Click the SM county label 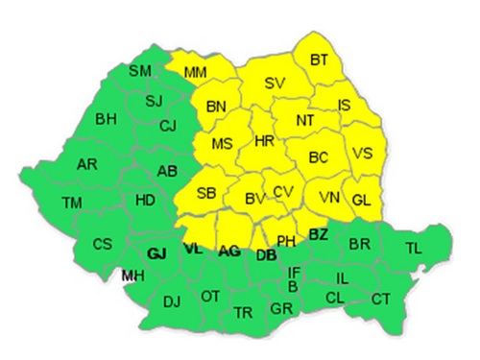[140, 70]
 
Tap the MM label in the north [195, 72]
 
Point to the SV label [275, 84]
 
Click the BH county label [106, 121]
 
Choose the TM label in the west [71, 203]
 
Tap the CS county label [103, 244]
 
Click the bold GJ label [158, 254]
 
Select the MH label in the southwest [132, 276]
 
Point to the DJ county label [172, 301]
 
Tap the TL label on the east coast [413, 248]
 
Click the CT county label [380, 298]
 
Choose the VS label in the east [363, 153]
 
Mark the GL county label [361, 200]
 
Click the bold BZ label [319, 233]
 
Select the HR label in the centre [265, 141]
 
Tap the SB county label [205, 193]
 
